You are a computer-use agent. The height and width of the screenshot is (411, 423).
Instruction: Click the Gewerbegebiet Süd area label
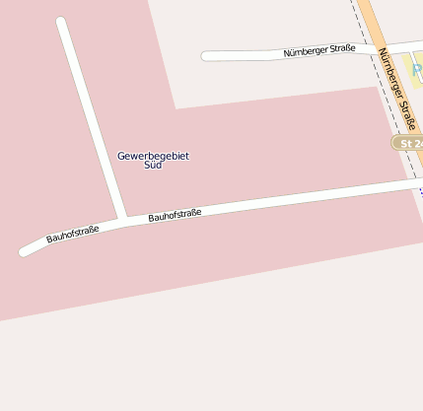click(153, 160)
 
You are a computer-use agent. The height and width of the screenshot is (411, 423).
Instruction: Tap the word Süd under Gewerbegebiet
click(153, 166)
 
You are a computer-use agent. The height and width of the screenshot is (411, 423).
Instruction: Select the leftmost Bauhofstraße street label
click(73, 235)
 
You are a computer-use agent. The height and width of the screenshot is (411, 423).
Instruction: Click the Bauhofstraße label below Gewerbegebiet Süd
click(175, 214)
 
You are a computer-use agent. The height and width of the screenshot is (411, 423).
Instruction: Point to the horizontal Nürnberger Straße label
click(319, 51)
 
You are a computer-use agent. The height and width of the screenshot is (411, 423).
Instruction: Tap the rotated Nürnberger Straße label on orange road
click(395, 85)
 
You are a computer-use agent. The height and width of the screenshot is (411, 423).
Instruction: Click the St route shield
click(409, 144)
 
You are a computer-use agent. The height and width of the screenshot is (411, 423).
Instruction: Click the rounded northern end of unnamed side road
click(61, 22)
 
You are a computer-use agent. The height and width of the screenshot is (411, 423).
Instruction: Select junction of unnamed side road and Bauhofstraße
click(123, 219)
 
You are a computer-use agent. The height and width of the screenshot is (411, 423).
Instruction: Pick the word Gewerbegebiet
click(153, 156)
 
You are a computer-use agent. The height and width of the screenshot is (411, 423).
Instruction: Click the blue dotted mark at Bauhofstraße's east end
click(420, 189)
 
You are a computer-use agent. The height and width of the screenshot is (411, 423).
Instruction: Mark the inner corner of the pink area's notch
click(176, 108)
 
